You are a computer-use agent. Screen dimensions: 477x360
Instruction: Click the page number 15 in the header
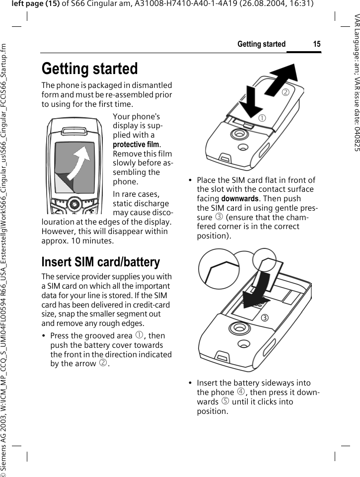click(317, 44)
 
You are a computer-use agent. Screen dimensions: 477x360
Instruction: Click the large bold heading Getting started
click(89, 69)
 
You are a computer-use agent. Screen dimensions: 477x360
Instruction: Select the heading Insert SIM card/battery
click(100, 262)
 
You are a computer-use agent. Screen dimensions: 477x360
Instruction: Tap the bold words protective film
click(137, 144)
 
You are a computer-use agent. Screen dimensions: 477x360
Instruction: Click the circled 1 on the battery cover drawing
click(261, 118)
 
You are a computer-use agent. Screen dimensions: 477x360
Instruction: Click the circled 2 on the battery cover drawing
click(285, 91)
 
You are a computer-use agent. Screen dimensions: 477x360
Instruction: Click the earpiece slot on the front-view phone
click(73, 132)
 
